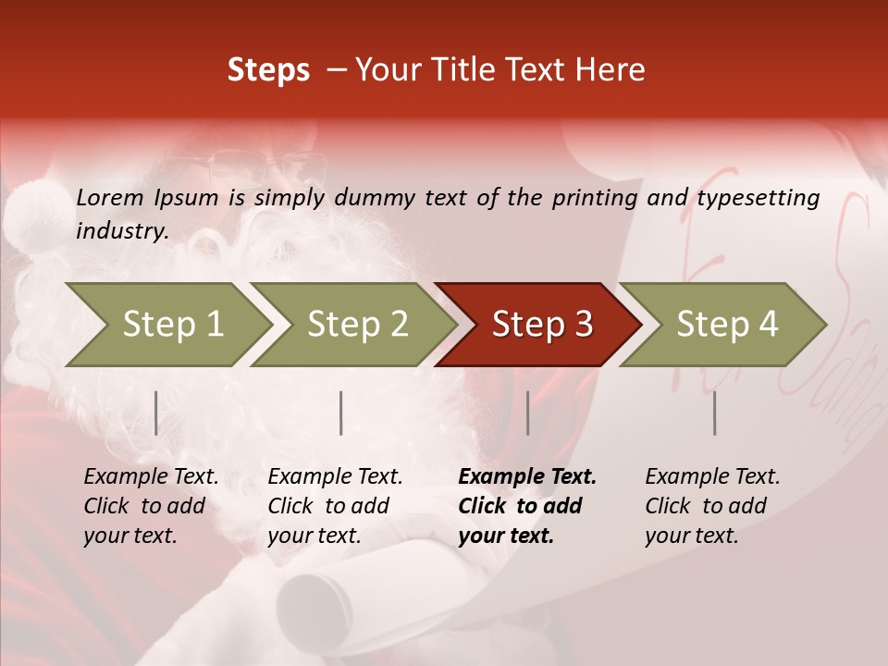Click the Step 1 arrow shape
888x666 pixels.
point(172,325)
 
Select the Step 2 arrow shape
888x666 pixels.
point(357,325)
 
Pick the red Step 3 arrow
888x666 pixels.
point(541,325)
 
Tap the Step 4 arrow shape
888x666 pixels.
point(726,325)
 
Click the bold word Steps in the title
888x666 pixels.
point(268,70)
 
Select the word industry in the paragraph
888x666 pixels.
point(121,230)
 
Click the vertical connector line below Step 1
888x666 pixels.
point(156,413)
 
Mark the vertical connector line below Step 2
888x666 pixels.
point(341,413)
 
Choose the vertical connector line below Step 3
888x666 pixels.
point(527,413)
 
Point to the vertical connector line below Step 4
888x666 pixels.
point(714,413)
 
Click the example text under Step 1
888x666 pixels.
point(151,506)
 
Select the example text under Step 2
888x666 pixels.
point(335,506)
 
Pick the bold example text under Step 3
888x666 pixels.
point(527,506)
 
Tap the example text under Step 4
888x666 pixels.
point(712,506)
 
